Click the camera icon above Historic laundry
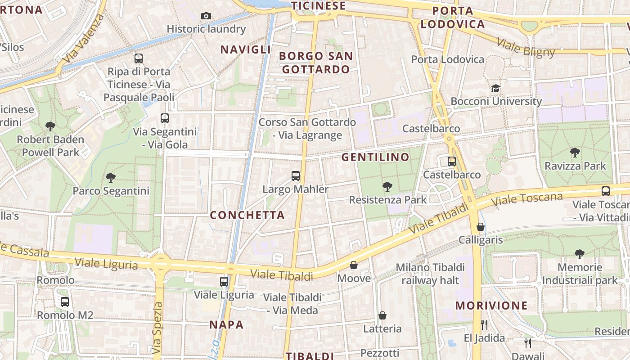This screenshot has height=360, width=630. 206,16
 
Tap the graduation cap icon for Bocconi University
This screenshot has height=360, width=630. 495,88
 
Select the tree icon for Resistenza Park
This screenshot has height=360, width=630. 387,186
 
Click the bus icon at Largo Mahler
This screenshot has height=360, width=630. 296,176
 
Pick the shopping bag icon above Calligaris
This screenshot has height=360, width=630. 481,227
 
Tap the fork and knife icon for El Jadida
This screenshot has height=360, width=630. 484,324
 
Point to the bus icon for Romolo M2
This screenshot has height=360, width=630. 65,302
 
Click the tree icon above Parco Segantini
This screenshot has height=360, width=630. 111,178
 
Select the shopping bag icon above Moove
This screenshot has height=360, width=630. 354,265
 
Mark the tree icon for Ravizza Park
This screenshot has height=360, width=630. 575,153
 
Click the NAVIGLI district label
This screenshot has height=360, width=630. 245,49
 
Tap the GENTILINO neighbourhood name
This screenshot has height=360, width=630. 375,157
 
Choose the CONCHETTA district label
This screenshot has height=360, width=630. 247,215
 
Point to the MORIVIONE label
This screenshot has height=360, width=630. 491,306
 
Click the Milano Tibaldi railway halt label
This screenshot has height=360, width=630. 430,274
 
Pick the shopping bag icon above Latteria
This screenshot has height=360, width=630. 382,315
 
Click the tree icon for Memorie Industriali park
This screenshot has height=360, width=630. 580,254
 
